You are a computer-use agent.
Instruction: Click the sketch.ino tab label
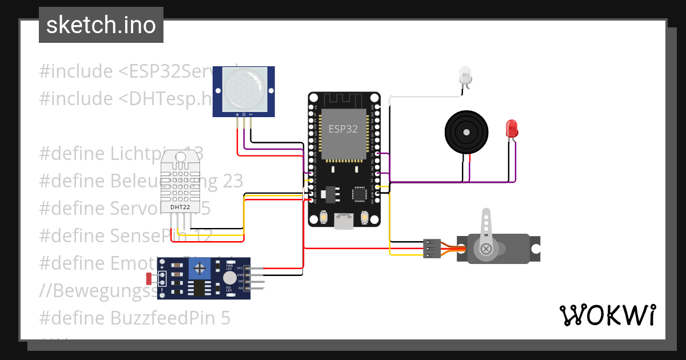[x=101, y=25]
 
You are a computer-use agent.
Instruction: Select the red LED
[x=512, y=128]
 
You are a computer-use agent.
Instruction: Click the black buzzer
[x=467, y=132]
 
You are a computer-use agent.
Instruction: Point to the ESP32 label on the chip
[x=343, y=129]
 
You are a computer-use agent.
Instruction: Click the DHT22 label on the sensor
[x=180, y=206]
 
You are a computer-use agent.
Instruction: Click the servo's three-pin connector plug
[x=432, y=249]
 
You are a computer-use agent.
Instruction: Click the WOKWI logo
[x=607, y=315]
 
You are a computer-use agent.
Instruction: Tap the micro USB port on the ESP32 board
[x=344, y=221]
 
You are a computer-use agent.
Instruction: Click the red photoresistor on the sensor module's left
[x=149, y=279]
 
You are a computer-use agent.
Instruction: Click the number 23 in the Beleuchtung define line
[x=233, y=181]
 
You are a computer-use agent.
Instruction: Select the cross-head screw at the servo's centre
[x=486, y=249]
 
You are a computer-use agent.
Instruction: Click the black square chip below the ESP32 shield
[x=360, y=194]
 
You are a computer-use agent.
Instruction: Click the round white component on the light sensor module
[x=229, y=278]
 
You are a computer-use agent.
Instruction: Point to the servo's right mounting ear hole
[x=536, y=249]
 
